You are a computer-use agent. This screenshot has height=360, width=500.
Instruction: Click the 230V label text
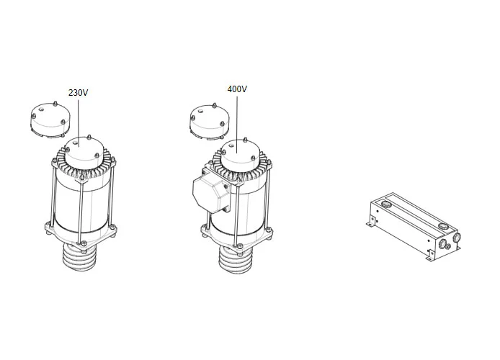[x=78, y=93]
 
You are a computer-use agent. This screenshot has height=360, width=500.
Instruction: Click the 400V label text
[x=237, y=89]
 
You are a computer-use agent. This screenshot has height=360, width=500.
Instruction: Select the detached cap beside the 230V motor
[x=48, y=119]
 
